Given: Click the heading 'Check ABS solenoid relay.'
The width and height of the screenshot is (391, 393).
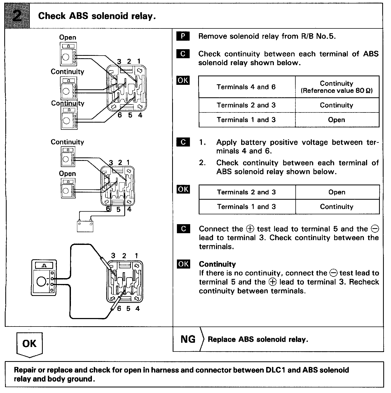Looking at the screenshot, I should pos(97,16).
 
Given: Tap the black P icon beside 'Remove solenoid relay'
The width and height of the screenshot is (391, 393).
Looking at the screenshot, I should pos(183,36).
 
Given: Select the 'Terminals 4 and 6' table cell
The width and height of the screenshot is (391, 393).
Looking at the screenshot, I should pos(246,87).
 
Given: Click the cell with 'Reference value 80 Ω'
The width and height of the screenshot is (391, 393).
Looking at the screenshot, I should pos(337,91).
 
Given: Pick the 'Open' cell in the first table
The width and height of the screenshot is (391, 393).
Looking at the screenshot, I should pos(337,120).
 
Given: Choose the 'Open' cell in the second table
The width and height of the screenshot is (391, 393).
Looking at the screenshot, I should pos(337,192).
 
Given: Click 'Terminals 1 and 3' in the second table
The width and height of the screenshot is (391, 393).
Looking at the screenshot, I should pos(246,207).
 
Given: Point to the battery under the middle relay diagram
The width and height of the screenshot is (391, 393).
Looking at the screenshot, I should pos(85,226).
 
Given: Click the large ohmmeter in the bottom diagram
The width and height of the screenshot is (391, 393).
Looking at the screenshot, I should pos(44,278).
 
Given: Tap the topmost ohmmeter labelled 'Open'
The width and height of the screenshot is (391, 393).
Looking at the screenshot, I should pos(68,54).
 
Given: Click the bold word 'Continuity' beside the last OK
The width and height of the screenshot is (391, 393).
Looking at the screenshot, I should pos(217,264).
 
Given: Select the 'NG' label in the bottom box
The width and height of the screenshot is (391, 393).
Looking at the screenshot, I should pos(188,339).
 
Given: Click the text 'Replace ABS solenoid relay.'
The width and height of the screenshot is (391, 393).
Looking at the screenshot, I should pos(258,340).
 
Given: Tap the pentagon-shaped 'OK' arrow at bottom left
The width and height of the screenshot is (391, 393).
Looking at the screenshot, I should pos(29,344).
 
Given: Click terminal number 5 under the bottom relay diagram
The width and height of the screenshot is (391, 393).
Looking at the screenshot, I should pos(128,309).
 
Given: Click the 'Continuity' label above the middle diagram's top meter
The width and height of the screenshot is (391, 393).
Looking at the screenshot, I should pos(67,142).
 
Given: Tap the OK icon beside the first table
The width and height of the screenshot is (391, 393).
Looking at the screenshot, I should pos(183,80).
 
